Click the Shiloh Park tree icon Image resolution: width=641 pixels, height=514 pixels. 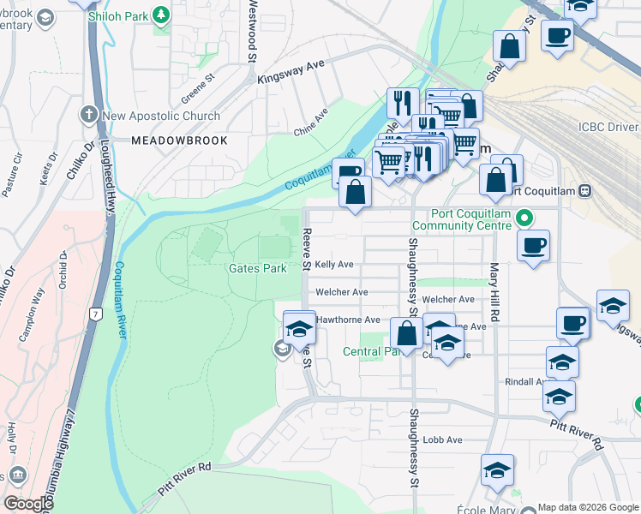click(160, 15)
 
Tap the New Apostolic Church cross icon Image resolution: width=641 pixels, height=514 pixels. click(88, 115)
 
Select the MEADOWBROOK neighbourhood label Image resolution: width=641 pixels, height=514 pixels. click(179, 140)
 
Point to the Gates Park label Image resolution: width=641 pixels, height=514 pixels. click(257, 268)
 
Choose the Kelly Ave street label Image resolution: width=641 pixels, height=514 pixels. click(334, 265)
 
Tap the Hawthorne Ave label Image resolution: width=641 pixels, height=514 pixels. click(348, 320)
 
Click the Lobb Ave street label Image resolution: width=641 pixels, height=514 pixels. click(442, 439)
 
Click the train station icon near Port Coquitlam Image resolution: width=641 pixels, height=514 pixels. click(585, 190)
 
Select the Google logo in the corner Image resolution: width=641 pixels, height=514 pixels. click(27, 504)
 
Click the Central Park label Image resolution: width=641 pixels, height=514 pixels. click(372, 351)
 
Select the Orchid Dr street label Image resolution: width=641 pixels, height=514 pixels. click(63, 269)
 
